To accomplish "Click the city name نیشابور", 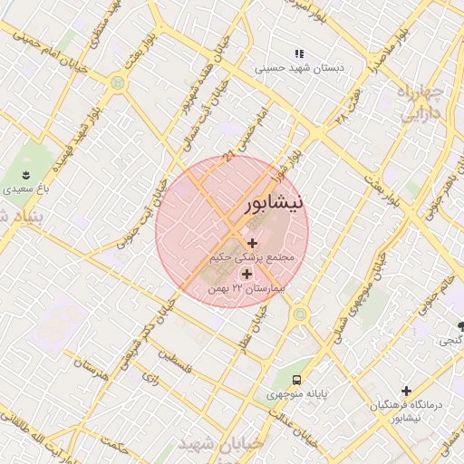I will tap(275, 206).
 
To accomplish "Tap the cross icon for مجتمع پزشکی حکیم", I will tap(252, 243).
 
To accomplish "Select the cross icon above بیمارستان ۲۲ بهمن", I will tap(246, 273).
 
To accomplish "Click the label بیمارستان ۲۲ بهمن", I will tap(246, 288).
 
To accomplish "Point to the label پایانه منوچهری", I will tap(299, 395).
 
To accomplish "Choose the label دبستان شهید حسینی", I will tap(297, 68).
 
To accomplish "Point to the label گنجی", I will tap(449, 342).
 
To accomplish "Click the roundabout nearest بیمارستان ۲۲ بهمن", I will tap(299, 314).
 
